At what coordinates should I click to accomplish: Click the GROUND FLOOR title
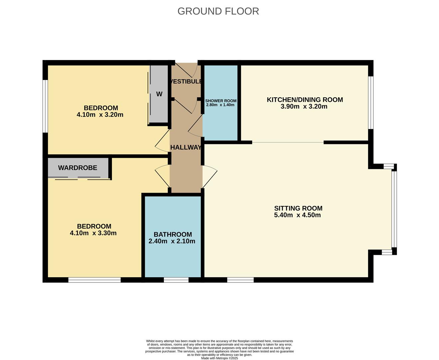(x=218, y=11)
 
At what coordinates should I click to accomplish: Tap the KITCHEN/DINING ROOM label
(x=305, y=100)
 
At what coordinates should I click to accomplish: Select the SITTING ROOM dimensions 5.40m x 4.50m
(x=297, y=215)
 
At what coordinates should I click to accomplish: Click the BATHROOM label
(x=173, y=234)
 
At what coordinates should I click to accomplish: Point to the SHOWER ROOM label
(x=221, y=101)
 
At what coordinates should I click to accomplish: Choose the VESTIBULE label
(x=186, y=81)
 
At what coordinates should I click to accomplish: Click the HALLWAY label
(x=186, y=147)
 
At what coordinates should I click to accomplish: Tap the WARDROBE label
(x=78, y=168)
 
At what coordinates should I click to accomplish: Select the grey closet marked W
(x=159, y=94)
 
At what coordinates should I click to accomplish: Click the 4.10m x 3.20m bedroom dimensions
(x=100, y=115)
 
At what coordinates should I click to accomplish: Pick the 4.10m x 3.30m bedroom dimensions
(x=93, y=233)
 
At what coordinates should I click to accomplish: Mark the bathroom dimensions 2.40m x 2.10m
(x=172, y=241)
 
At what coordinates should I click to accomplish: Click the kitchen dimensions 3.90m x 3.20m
(x=304, y=107)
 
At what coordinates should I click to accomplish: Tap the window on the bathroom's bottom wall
(x=176, y=280)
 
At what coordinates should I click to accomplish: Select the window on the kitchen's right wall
(x=371, y=102)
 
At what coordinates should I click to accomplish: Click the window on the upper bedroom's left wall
(x=45, y=106)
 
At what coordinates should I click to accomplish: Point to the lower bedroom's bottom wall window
(x=94, y=280)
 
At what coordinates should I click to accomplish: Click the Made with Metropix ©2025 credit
(x=219, y=358)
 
